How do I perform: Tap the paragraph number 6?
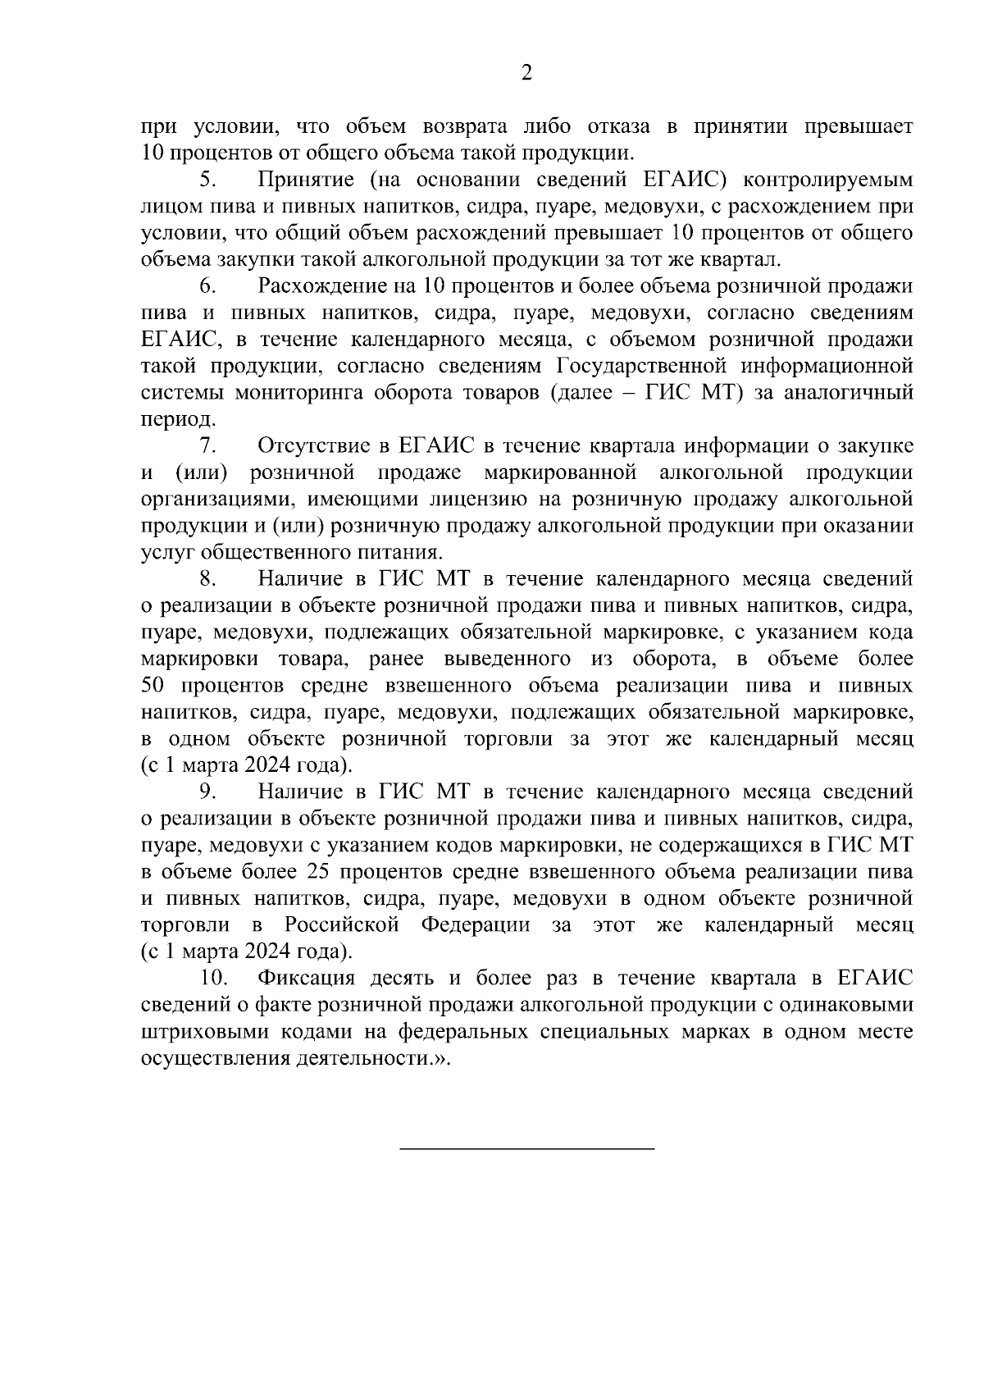pos(205,286)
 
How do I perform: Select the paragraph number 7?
pos(205,446)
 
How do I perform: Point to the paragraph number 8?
pos(205,579)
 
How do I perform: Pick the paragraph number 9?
pos(205,792)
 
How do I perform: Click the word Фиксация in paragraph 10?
pos(305,979)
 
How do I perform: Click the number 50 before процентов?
pos(154,686)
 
